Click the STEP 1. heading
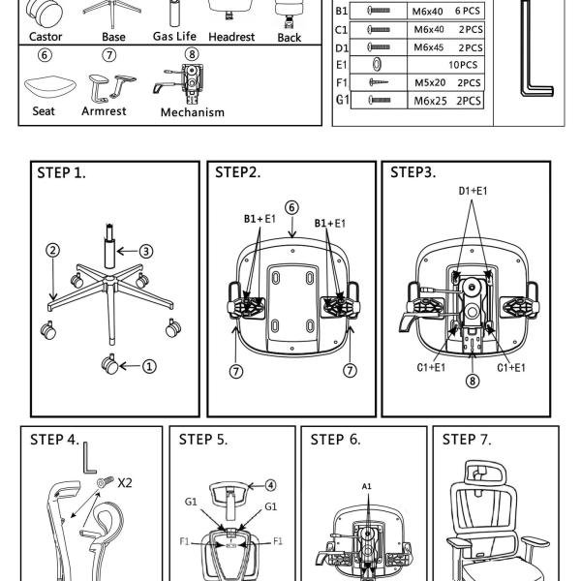[x=61, y=173]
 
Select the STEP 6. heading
[x=335, y=440]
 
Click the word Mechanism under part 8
[x=192, y=111]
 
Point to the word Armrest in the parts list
[x=104, y=110]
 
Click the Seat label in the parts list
[x=43, y=110]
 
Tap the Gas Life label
[x=174, y=37]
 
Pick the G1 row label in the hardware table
[x=342, y=100]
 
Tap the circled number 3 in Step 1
[x=146, y=251]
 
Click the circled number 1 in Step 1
[x=149, y=366]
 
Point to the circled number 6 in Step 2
[x=291, y=207]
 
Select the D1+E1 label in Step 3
[x=473, y=191]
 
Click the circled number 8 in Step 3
[x=473, y=381]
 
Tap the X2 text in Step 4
[x=125, y=481]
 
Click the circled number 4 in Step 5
[x=271, y=485]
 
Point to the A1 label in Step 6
[x=367, y=485]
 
